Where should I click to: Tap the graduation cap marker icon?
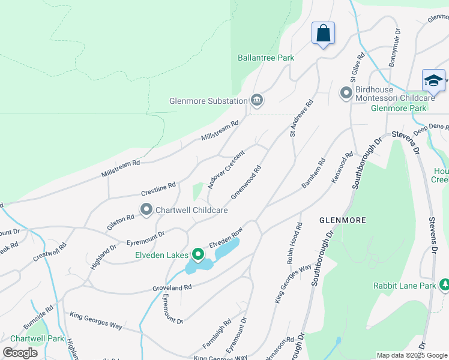(433, 80)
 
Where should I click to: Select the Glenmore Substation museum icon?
(257, 100)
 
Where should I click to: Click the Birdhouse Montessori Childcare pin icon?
(346, 93)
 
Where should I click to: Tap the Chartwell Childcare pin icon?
(146, 209)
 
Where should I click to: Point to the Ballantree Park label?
(266, 58)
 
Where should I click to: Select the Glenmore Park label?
(399, 108)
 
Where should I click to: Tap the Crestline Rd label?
(158, 189)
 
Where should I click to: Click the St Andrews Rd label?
(301, 118)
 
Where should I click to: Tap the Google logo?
(20, 353)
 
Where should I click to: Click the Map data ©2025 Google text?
(411, 355)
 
